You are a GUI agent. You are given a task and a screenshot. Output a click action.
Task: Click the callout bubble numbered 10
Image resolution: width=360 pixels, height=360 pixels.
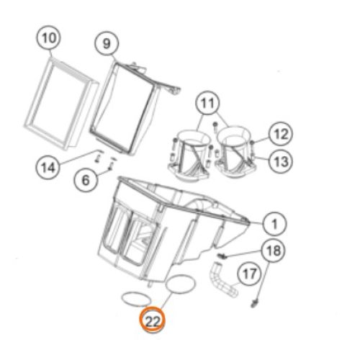pos(49,38)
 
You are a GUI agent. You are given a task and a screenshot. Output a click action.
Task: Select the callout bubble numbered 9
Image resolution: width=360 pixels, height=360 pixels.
pos(107,44)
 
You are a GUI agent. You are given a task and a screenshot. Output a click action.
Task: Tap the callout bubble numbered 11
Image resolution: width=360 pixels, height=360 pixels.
pos(207,103)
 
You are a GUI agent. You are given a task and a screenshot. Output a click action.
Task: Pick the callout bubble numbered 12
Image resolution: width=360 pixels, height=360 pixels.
pos(281,134)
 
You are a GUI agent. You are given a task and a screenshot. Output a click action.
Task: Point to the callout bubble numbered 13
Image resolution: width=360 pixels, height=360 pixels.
pos(280,161)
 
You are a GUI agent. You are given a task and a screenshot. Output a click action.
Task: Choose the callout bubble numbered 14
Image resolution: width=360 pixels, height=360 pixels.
pos(48,167)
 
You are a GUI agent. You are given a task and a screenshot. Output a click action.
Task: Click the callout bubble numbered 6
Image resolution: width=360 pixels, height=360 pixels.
pos(86,180)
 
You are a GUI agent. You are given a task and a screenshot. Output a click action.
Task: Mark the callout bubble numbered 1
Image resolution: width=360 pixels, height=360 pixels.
pos(274,224)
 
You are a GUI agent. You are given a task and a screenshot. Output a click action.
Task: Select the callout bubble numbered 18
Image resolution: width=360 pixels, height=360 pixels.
pos(274,251)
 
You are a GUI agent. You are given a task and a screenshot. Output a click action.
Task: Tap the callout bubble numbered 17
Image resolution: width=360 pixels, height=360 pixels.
pos(249,274)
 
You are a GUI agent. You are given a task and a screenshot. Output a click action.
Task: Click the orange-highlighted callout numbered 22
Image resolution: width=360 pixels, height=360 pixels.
pos(153,320)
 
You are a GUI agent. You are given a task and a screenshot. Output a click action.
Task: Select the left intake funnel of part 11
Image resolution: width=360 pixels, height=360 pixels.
pos(189,153)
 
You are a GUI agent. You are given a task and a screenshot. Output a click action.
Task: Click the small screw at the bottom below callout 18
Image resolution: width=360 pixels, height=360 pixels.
pos(254,303)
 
